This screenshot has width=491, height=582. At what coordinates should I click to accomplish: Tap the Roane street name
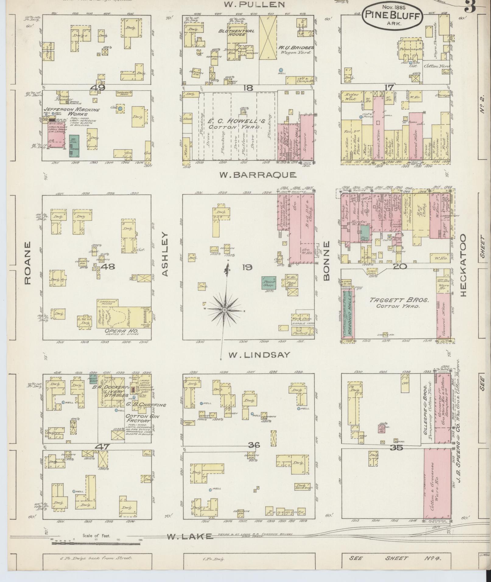pos(28,263)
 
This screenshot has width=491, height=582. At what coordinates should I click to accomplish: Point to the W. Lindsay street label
pos(259,355)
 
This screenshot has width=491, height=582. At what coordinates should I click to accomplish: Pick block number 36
pos(254,445)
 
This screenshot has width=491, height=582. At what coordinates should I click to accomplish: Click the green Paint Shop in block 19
pos(269,283)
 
